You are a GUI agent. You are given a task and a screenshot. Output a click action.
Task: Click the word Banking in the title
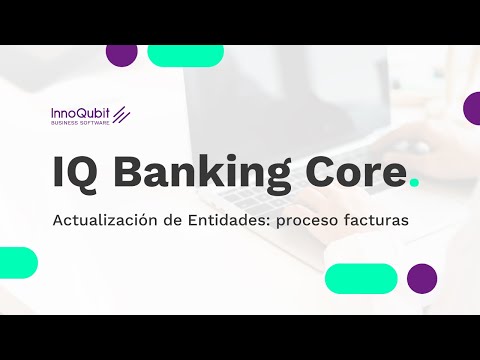click(196, 172)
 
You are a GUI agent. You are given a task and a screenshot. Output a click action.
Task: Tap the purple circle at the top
click(121, 54)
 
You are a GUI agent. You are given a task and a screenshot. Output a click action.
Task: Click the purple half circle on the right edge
click(472, 108)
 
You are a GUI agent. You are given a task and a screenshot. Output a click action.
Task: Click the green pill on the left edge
click(17, 262)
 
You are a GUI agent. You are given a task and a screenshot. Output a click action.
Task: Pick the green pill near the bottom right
click(361, 278)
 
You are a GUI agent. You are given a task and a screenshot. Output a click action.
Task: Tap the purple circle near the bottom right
click(422, 278)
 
